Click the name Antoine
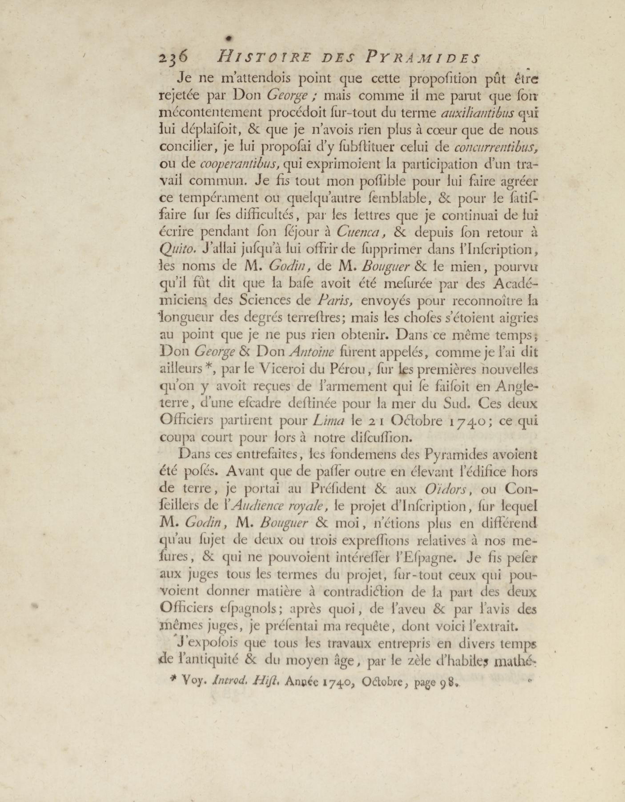(x=312, y=352)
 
